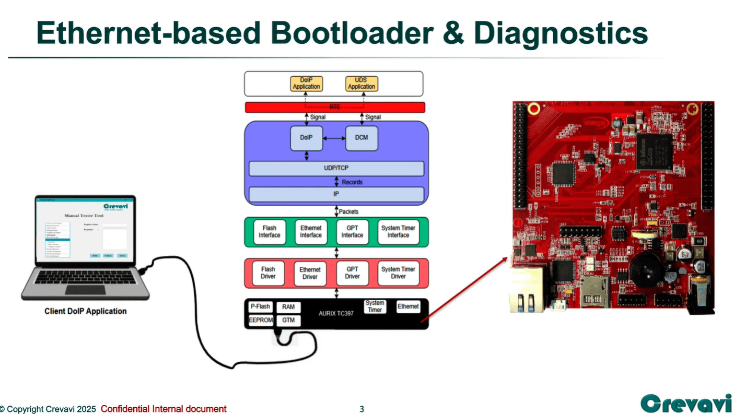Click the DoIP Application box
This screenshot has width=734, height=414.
(x=306, y=84)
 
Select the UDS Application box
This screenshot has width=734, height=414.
(x=361, y=84)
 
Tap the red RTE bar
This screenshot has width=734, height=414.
(x=335, y=108)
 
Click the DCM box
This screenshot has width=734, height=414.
(x=362, y=138)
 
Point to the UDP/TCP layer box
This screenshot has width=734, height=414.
(x=336, y=169)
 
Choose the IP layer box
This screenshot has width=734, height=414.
(x=336, y=194)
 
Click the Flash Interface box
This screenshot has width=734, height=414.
(x=269, y=231)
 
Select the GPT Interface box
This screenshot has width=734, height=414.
(x=352, y=231)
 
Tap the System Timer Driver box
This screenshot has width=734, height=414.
(x=398, y=273)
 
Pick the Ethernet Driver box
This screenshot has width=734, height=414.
(x=310, y=273)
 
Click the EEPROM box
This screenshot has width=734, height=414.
(x=261, y=320)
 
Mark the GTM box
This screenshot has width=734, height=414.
(x=288, y=320)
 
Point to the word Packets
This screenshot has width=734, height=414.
(x=348, y=211)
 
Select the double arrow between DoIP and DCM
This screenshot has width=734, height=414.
(x=334, y=138)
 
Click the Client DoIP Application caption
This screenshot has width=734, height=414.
(x=85, y=311)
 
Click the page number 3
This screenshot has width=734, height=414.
(x=362, y=409)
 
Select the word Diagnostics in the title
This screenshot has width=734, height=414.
(x=561, y=32)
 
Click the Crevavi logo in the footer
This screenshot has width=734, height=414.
(x=685, y=403)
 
